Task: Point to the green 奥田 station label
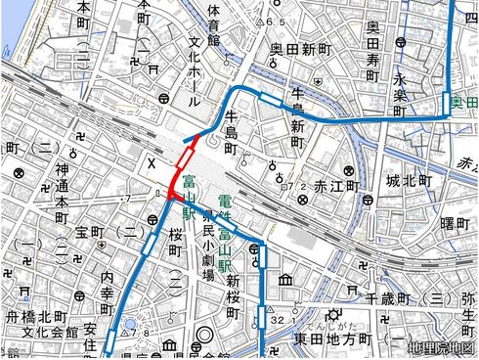tap(465, 102)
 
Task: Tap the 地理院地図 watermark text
tap(442, 347)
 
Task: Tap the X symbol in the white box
tap(152, 164)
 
